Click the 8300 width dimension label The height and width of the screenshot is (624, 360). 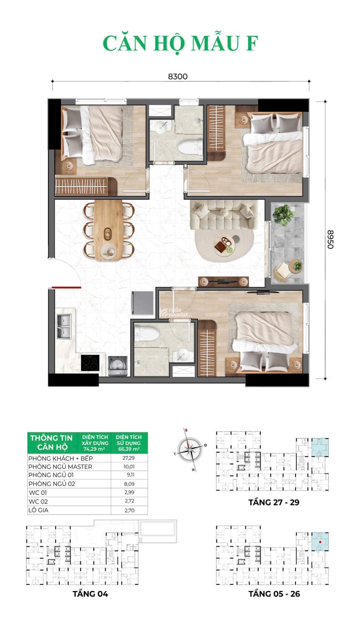[x=178, y=77]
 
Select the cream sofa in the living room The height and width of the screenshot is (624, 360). [x=225, y=215]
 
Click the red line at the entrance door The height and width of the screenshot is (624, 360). [x=66, y=287]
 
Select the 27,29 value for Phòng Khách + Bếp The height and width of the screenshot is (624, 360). [x=129, y=458]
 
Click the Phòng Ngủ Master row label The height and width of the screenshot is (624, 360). [x=60, y=467]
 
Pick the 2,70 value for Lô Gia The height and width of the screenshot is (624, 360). [x=129, y=510]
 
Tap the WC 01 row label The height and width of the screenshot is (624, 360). [x=38, y=493]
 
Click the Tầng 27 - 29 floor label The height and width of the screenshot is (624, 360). [x=274, y=502]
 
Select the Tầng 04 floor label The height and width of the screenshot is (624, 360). [x=90, y=594]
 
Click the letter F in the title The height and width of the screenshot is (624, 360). [x=252, y=43]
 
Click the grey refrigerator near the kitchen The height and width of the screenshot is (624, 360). [x=142, y=303]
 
